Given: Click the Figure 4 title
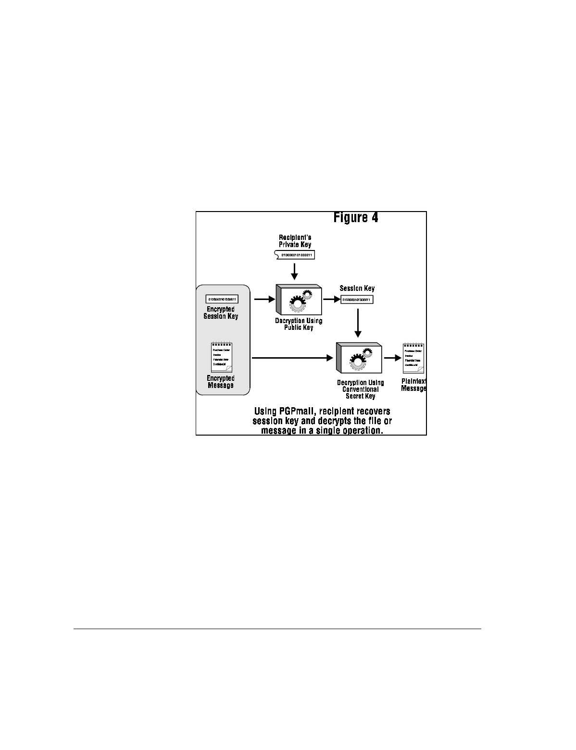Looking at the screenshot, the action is click(x=356, y=218).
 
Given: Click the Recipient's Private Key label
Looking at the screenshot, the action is click(x=295, y=241).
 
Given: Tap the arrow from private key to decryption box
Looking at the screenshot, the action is click(x=295, y=271).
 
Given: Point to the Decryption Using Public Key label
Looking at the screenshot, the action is click(x=299, y=324).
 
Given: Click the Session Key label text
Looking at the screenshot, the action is click(x=357, y=288).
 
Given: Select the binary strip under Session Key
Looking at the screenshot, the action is click(x=357, y=300).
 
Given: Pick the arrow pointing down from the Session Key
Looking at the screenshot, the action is click(x=357, y=323).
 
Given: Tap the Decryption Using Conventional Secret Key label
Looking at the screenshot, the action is click(x=361, y=389).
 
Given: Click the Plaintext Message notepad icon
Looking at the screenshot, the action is click(x=413, y=359).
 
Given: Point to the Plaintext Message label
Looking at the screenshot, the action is click(x=413, y=385).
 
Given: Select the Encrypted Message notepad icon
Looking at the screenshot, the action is click(x=222, y=357).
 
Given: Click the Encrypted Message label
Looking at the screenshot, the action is click(x=221, y=382).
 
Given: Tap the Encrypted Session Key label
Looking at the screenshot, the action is click(x=221, y=312).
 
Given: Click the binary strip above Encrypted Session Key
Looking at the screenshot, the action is click(x=222, y=299).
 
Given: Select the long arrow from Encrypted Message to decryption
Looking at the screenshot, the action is click(x=292, y=358).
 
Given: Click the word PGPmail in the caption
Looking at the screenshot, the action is click(x=297, y=412).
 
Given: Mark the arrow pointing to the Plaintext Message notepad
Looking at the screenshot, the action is click(x=392, y=358).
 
